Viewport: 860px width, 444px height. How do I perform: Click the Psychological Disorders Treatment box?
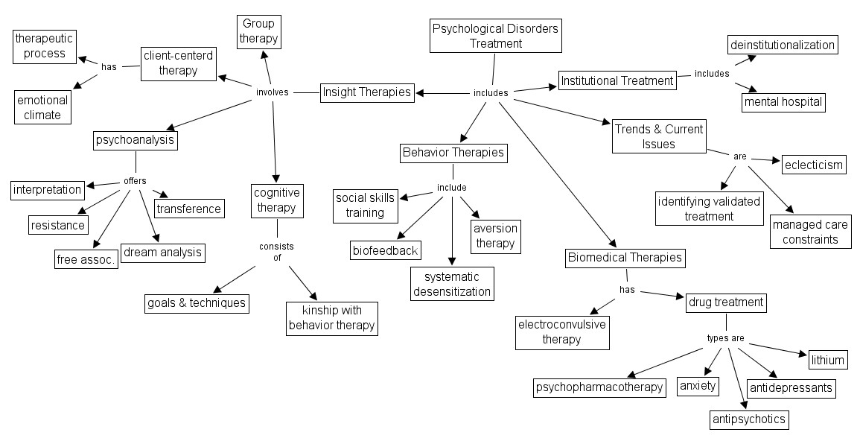pos(496,35)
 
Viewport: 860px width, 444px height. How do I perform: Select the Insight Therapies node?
pos(367,92)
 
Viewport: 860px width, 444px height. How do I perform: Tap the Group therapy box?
pos(258,31)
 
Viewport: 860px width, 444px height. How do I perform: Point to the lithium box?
pos(829,360)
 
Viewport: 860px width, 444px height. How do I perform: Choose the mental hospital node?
pos(783,101)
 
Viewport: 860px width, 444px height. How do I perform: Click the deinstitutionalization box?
pos(783,45)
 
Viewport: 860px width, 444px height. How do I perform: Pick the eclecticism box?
pos(814,164)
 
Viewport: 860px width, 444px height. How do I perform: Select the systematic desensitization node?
pos(453,284)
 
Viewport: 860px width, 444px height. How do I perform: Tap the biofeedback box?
pos(385,250)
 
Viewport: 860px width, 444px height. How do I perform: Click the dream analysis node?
pos(162,252)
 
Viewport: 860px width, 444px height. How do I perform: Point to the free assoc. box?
pos(87,259)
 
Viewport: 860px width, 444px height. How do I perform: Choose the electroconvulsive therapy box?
pos(562,332)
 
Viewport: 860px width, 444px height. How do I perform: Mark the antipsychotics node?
pos(749,419)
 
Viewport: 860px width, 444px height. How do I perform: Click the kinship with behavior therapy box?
pos(331,318)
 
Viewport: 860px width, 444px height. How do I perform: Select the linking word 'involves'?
pos(272,92)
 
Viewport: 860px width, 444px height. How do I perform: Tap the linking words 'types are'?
pos(725,338)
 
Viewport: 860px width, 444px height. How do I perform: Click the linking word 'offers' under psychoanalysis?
pos(135,181)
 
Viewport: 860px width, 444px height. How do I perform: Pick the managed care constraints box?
pos(811,232)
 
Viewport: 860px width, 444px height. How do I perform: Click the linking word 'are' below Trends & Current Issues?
pos(739,157)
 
